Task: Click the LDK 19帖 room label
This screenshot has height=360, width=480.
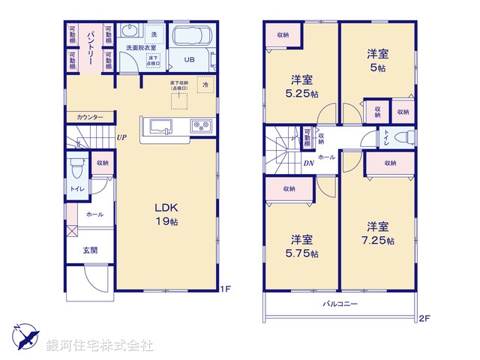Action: pos(166,214)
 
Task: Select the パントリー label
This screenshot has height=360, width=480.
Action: pos(90,47)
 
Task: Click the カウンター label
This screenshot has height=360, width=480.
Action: pos(89,117)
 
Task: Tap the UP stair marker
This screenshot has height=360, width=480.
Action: pos(121,137)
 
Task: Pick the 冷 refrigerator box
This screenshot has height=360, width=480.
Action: pos(205,85)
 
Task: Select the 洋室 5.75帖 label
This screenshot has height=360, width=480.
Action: pos(303,246)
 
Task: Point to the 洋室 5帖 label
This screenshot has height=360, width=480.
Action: pos(377,60)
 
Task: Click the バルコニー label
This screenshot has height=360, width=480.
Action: pos(340,304)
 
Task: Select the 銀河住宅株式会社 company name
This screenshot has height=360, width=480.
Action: pos(100,346)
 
